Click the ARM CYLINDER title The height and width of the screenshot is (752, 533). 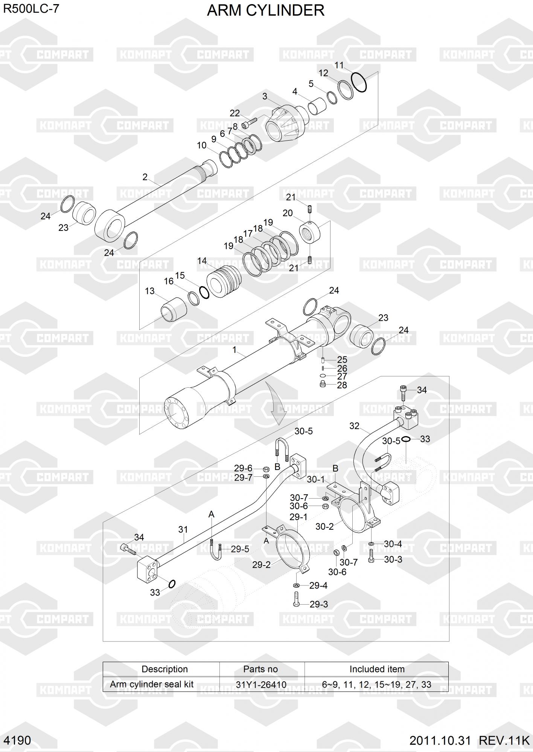(x=266, y=11)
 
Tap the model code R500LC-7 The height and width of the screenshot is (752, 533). (x=31, y=9)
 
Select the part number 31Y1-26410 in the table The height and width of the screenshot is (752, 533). (x=261, y=685)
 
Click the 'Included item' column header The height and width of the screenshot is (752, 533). (x=377, y=669)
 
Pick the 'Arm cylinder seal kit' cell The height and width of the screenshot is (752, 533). (x=152, y=684)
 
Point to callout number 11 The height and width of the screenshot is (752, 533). (x=339, y=65)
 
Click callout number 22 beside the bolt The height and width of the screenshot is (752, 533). (x=235, y=113)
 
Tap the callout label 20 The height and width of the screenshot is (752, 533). (x=288, y=213)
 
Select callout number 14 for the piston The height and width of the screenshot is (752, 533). (x=202, y=261)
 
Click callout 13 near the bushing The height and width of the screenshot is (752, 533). (x=150, y=291)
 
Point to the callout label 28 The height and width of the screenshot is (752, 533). (x=342, y=385)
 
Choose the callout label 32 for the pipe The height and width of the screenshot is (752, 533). (x=354, y=426)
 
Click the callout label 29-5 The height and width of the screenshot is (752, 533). (x=240, y=549)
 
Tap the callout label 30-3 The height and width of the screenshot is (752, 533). (x=393, y=559)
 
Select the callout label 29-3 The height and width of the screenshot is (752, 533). (x=319, y=604)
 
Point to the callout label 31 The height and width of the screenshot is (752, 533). (x=183, y=529)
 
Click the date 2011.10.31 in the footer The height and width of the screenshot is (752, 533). (x=440, y=741)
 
